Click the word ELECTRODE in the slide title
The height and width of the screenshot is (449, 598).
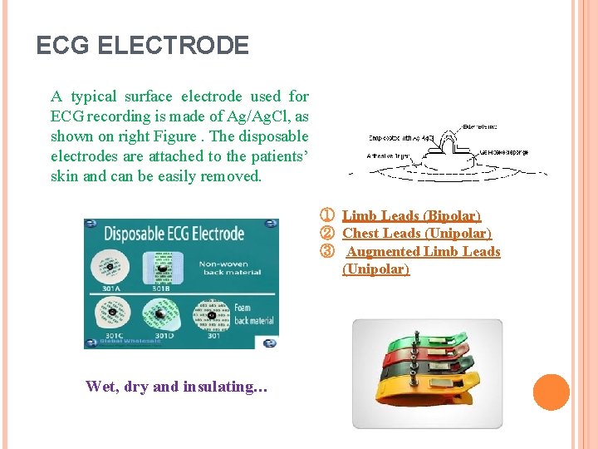[173, 45]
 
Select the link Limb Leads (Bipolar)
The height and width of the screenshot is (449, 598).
[411, 216]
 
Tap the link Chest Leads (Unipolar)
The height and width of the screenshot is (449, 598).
[417, 234]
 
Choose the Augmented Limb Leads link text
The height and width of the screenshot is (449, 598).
[424, 251]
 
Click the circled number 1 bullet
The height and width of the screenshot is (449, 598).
[327, 216]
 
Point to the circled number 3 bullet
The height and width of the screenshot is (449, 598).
[327, 251]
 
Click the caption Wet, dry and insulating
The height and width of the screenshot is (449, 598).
[176, 386]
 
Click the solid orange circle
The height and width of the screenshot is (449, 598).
[551, 392]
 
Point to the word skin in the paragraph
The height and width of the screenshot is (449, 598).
[66, 176]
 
